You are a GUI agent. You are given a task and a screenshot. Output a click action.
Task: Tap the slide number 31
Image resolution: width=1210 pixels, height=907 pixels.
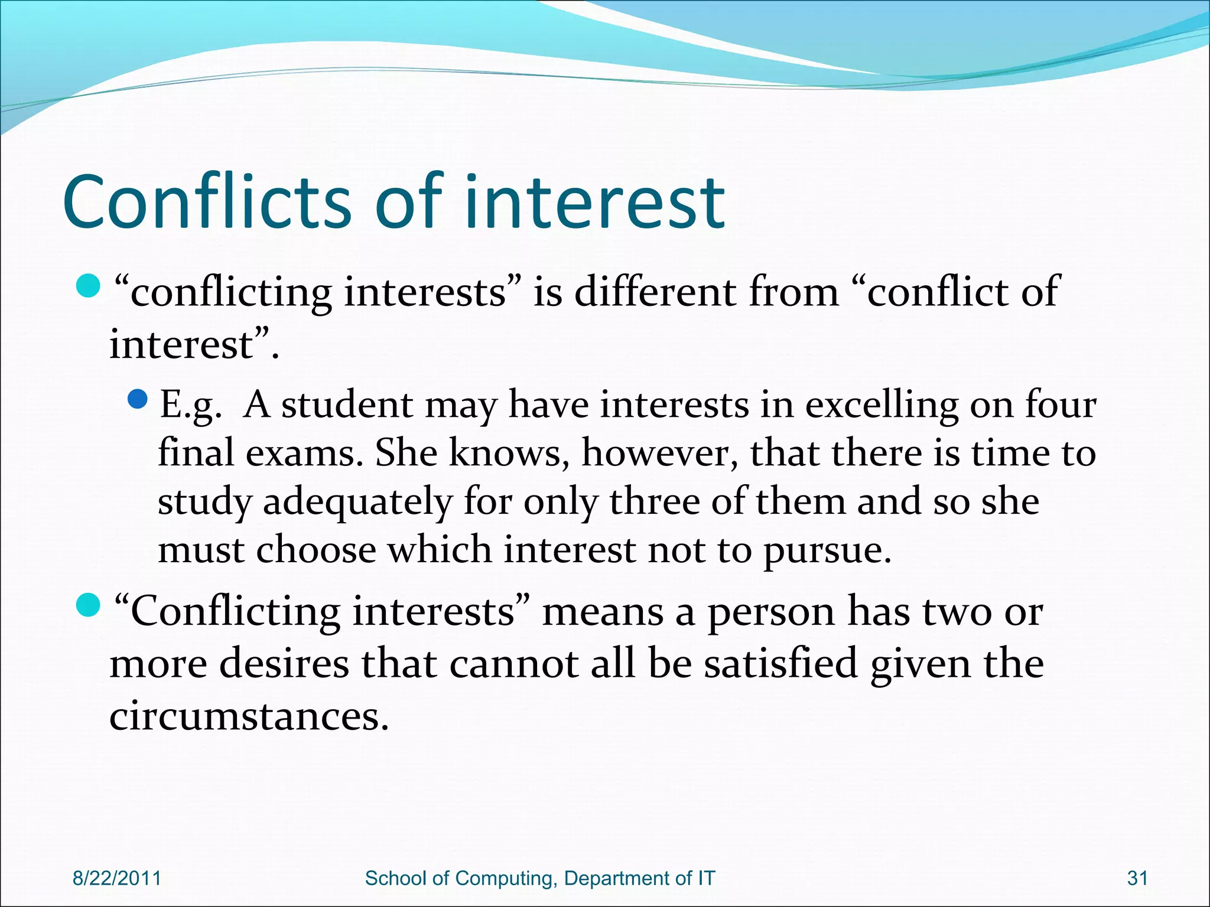[1137, 878]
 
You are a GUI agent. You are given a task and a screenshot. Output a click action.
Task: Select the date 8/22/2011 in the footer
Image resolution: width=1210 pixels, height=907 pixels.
[116, 878]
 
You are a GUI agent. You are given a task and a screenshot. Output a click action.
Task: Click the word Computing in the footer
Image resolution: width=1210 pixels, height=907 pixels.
[506, 878]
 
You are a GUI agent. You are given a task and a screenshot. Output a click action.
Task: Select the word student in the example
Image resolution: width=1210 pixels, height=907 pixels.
[347, 406]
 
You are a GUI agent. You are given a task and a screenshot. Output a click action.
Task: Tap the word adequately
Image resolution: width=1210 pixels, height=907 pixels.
[357, 503]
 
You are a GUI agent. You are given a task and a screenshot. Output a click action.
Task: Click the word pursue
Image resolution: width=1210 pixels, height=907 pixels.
[827, 551]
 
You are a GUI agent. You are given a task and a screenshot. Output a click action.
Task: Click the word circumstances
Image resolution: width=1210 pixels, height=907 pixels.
[249, 716]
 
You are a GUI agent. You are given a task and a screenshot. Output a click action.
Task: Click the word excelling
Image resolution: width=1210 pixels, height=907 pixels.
[881, 406]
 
